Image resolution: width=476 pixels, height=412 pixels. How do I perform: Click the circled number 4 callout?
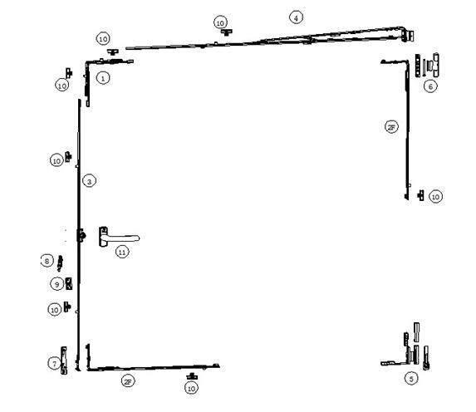(x=296, y=17)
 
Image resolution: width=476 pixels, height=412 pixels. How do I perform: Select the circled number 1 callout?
(x=103, y=78)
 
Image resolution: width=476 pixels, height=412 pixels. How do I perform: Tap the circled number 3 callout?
(x=89, y=181)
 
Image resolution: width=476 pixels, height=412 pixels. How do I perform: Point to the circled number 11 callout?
(x=122, y=252)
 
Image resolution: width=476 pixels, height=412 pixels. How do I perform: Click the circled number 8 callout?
(x=47, y=261)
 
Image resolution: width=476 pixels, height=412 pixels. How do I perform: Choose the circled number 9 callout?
(x=56, y=284)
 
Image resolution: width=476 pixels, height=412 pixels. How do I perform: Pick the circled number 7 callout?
(x=55, y=363)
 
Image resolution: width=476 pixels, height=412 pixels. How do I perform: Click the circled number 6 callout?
(x=430, y=86)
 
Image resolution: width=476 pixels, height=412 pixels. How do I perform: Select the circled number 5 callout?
(x=411, y=379)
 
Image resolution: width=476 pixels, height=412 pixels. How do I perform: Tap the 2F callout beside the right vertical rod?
(x=391, y=127)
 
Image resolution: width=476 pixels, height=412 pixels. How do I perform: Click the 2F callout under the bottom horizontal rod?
(x=128, y=381)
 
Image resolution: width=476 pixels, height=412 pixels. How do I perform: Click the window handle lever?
(x=120, y=237)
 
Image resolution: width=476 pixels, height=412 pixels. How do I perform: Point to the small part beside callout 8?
(x=60, y=263)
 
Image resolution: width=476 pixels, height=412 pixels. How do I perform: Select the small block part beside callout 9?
(x=69, y=283)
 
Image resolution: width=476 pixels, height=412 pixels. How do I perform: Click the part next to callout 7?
(x=64, y=360)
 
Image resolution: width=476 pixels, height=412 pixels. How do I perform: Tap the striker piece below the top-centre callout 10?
(x=227, y=32)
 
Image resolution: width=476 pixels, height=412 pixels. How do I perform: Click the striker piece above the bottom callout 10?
(x=192, y=376)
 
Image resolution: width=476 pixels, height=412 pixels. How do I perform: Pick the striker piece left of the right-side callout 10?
(x=420, y=195)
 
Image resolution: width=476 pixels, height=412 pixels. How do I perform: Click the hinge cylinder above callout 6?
(x=436, y=65)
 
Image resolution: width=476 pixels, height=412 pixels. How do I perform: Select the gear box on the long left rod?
(x=81, y=235)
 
